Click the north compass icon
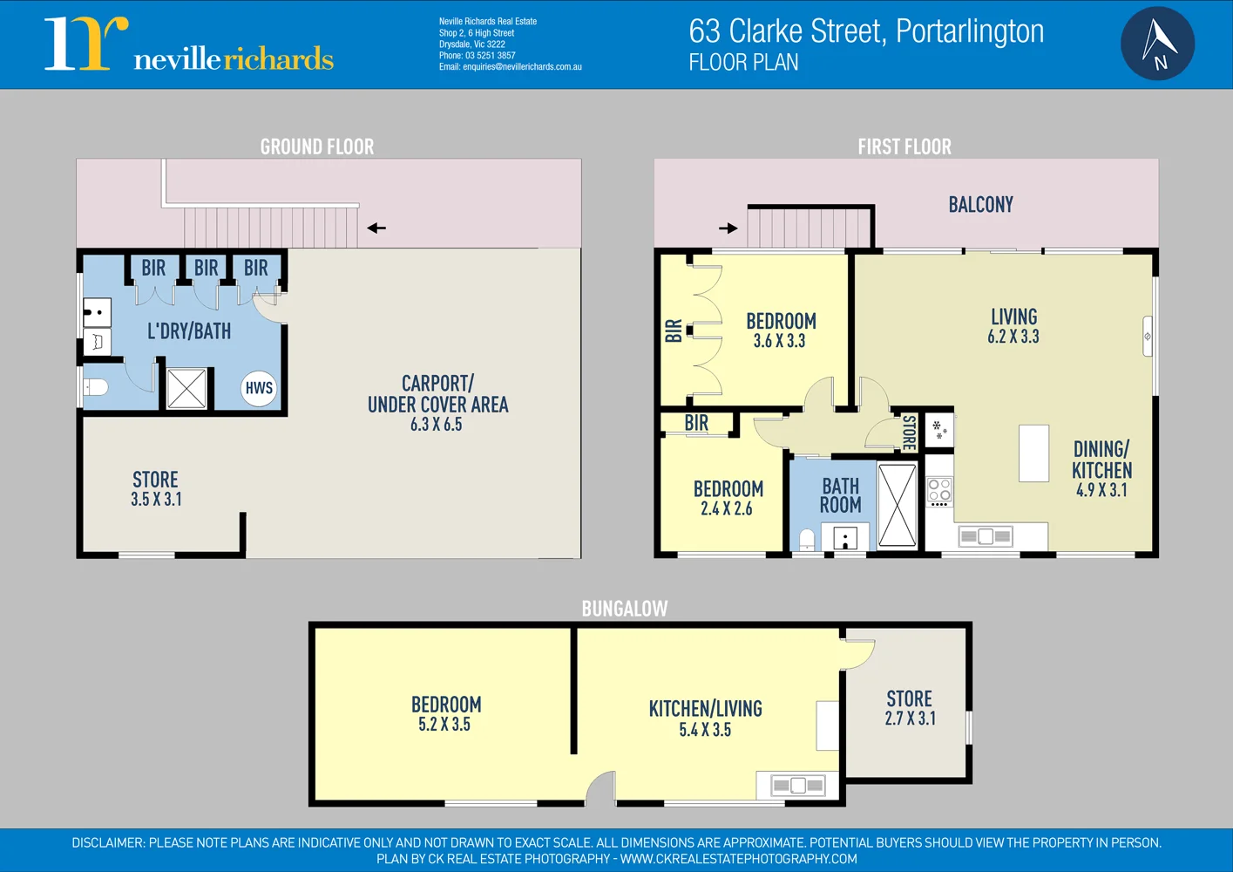click(x=1157, y=44)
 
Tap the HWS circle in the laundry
click(x=259, y=388)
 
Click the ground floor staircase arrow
click(x=376, y=228)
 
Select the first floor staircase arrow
click(x=728, y=228)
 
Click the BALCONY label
click(x=980, y=205)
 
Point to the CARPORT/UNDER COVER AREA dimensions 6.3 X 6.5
click(x=437, y=425)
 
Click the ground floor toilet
click(x=94, y=386)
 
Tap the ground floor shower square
click(x=186, y=389)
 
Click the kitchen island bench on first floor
click(x=1034, y=453)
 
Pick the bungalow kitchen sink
click(x=798, y=786)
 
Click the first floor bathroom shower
click(x=897, y=505)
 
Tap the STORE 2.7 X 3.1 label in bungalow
click(x=910, y=708)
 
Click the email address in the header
click(x=522, y=67)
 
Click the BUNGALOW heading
click(x=625, y=609)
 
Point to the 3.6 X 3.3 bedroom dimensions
click(x=779, y=341)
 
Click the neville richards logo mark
click(x=85, y=44)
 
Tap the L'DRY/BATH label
click(x=189, y=331)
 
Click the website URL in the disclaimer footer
click(x=738, y=859)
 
